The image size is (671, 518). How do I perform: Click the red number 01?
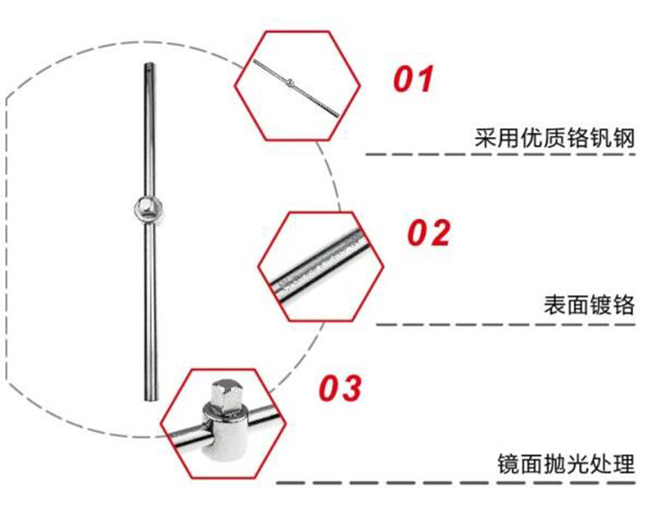[x=414, y=80]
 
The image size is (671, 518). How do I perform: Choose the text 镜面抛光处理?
[x=565, y=464]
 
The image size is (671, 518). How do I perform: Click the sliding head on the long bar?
[x=147, y=209]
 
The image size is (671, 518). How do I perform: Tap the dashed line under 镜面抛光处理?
[x=476, y=481]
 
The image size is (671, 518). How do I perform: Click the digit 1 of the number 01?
[x=425, y=80]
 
